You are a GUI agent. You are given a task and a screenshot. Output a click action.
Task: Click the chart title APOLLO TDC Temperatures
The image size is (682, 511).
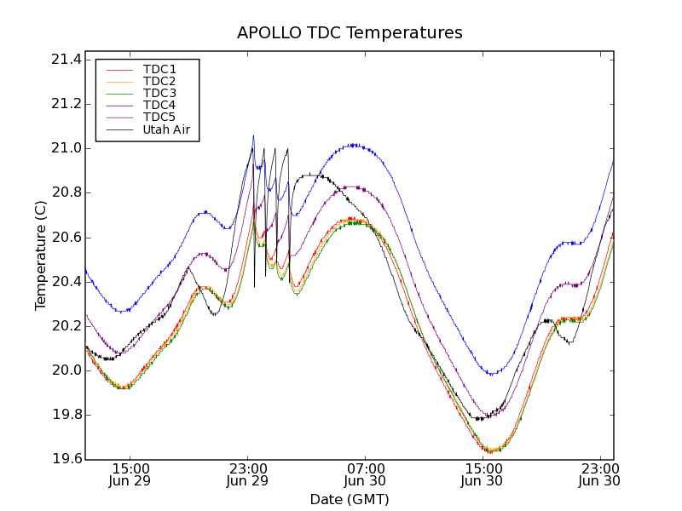point(350,33)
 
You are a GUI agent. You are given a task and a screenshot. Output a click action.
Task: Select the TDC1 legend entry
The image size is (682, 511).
point(159,69)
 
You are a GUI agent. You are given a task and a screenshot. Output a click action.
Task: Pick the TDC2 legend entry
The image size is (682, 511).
point(159,81)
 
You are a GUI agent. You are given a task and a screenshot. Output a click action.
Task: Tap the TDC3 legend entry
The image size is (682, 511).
point(159,93)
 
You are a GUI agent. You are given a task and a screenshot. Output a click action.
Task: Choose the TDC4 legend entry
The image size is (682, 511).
point(159,105)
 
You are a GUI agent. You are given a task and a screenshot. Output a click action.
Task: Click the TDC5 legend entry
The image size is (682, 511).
point(159,118)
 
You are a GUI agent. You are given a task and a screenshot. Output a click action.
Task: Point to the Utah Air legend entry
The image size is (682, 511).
point(166,130)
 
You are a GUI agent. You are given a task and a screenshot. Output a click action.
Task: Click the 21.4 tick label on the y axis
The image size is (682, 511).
point(66,60)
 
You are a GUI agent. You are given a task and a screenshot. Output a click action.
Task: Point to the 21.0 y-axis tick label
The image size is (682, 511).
point(66,148)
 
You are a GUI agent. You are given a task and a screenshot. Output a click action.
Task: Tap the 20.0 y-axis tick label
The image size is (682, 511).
point(66,370)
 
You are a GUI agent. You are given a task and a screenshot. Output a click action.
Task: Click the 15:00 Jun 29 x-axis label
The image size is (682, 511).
point(130,474)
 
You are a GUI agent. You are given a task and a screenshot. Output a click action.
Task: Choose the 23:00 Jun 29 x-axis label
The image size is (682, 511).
point(248,474)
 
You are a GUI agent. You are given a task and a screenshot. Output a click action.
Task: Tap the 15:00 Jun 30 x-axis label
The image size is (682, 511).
point(483,474)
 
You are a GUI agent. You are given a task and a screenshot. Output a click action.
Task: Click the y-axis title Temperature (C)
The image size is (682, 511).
point(41,255)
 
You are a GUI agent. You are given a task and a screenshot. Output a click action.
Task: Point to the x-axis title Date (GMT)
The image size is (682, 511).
point(350,499)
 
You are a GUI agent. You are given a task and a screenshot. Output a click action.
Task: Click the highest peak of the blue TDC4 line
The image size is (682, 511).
point(253,135)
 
